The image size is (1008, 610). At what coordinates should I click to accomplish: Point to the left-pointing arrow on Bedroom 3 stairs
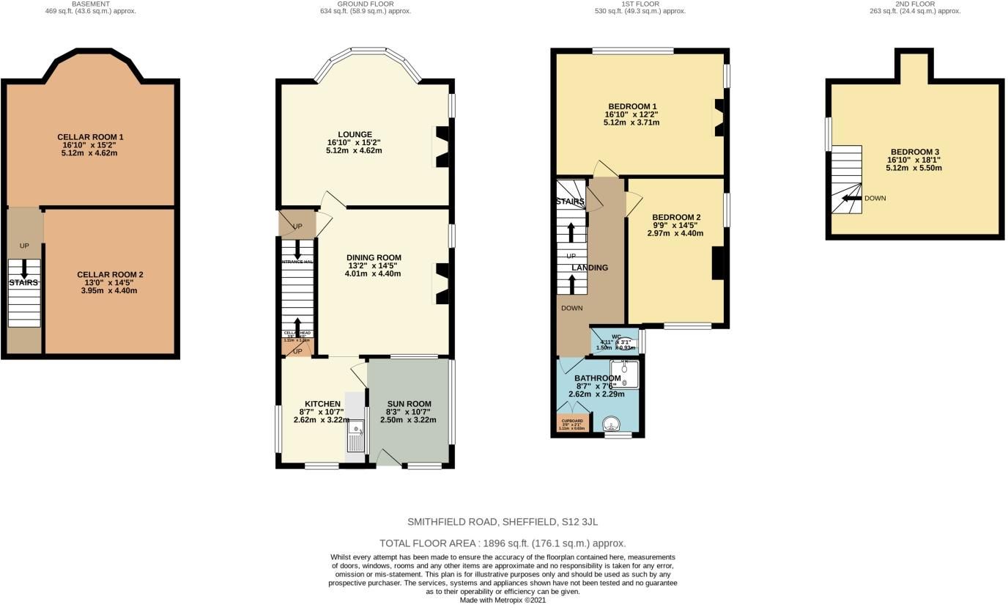pos(850,198)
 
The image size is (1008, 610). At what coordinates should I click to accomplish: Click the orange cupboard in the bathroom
pos(572,424)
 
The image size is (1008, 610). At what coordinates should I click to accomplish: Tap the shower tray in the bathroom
pos(624,374)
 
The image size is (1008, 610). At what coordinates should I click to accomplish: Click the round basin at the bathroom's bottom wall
pos(610,424)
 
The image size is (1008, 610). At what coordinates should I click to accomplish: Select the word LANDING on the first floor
pos(590,268)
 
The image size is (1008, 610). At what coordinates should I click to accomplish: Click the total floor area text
pos(503,543)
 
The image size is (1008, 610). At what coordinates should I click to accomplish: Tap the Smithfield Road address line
pos(503,522)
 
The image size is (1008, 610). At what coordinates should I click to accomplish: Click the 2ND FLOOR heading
pos(914,4)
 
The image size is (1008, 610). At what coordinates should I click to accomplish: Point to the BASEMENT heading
pos(90,4)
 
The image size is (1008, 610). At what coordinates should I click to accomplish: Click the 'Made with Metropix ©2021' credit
pos(503,600)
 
